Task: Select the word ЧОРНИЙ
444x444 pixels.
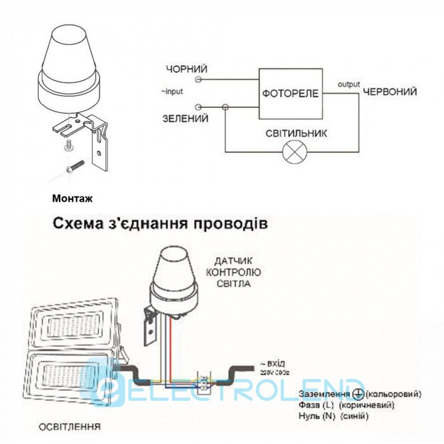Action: [x=186, y=69]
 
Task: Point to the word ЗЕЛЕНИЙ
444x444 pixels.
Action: [x=185, y=119]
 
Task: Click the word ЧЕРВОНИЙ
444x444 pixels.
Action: [x=389, y=92]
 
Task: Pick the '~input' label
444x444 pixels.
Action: [x=171, y=91]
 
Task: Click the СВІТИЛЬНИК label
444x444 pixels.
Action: [x=297, y=133]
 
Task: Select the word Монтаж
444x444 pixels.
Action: [x=72, y=199]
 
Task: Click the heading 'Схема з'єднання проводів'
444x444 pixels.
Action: [x=156, y=224]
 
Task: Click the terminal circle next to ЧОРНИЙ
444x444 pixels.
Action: [x=199, y=80]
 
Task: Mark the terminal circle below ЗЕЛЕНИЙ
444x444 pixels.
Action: [x=199, y=108]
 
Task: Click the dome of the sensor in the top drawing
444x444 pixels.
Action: [x=69, y=57]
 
